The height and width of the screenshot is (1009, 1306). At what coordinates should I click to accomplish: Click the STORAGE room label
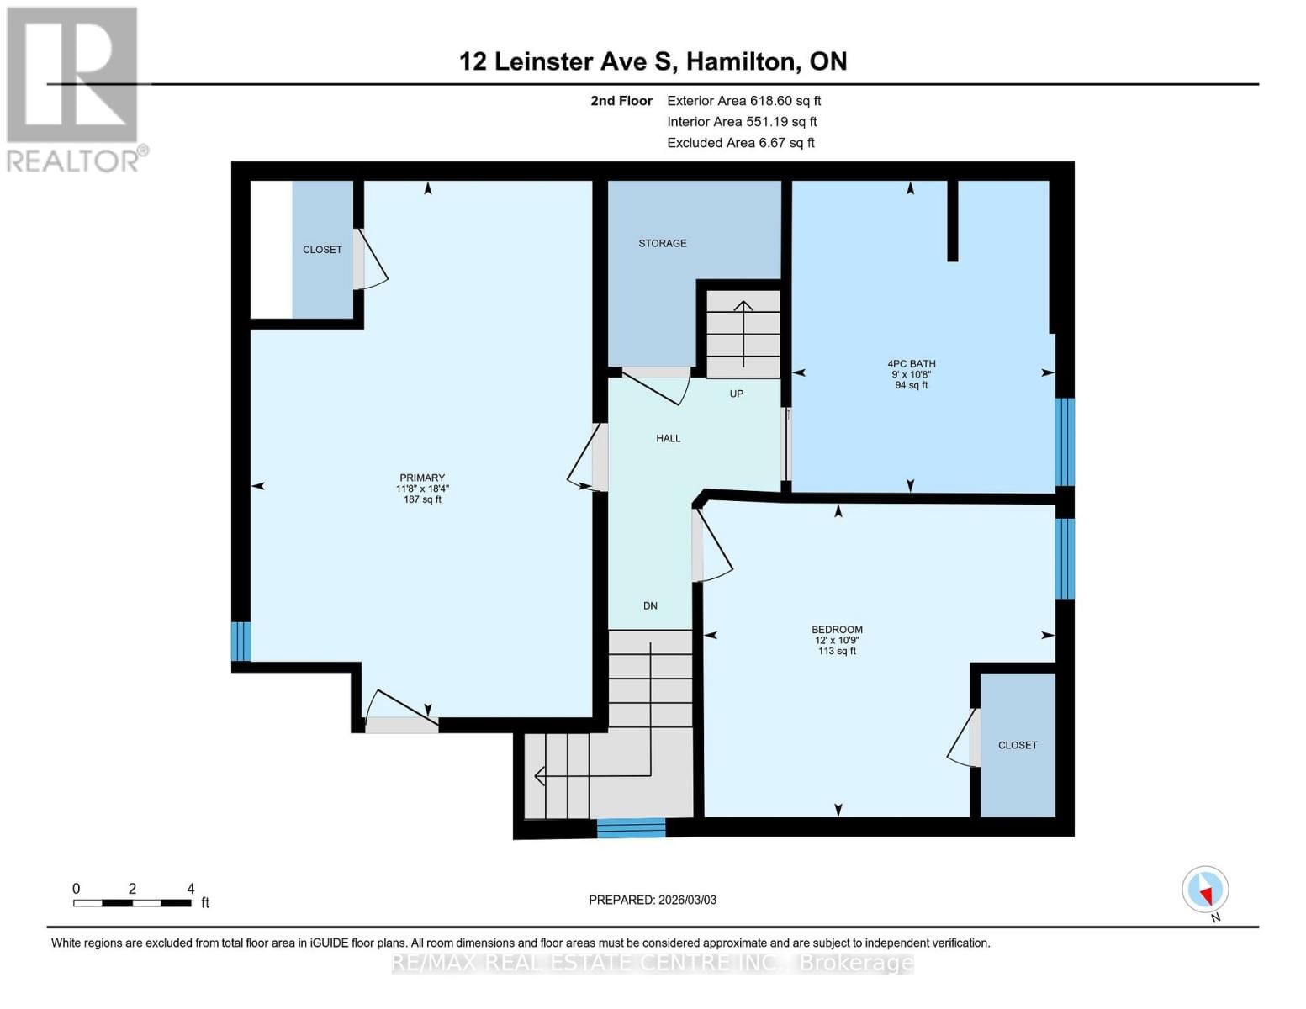[662, 244]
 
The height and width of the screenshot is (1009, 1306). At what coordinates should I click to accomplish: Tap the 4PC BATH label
[911, 364]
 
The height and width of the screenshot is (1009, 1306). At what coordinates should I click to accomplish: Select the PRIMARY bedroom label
[422, 478]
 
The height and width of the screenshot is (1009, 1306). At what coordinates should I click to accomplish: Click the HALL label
[669, 438]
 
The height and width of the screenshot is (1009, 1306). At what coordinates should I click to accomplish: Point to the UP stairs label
[736, 394]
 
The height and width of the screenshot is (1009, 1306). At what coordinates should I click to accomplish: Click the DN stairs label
[650, 605]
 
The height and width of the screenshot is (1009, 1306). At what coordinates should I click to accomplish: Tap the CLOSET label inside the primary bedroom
[322, 250]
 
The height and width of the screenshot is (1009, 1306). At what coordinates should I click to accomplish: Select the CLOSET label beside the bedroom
[1017, 745]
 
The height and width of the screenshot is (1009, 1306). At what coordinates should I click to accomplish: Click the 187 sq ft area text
[422, 499]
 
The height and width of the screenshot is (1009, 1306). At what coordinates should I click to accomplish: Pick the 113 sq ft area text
[837, 651]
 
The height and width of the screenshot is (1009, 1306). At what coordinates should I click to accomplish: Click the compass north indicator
[1205, 890]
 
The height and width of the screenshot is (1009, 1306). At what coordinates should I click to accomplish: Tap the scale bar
[132, 903]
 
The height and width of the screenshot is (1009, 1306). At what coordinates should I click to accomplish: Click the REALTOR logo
[74, 88]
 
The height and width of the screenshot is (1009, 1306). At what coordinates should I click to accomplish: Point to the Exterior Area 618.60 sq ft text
[743, 101]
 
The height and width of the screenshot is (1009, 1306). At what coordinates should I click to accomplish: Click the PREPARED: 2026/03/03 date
[653, 900]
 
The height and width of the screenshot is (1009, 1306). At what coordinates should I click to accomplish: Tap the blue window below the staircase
[631, 828]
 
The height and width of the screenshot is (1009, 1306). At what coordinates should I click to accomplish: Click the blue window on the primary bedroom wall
[241, 642]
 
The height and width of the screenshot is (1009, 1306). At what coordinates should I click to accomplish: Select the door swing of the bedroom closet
[961, 738]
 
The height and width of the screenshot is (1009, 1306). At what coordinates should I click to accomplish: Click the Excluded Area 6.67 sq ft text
[740, 143]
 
